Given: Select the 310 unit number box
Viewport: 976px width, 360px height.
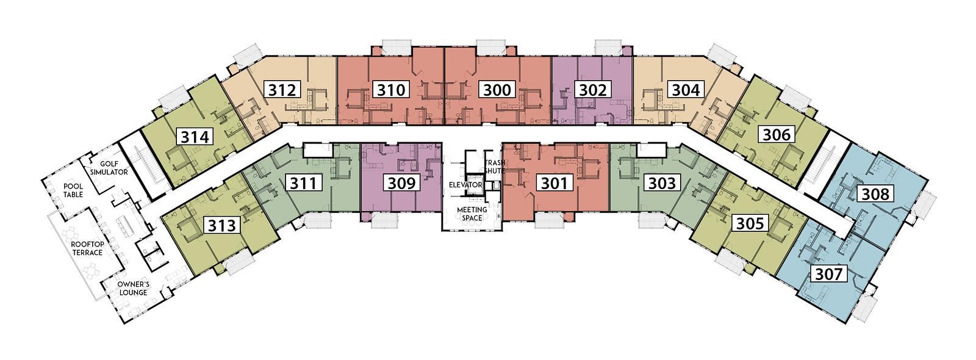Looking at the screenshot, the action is tap(392, 90).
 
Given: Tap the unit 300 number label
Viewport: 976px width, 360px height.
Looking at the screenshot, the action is tap(497, 90).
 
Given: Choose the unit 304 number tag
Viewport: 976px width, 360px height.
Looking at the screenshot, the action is tap(686, 90).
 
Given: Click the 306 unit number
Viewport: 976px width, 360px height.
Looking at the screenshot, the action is tap(777, 134).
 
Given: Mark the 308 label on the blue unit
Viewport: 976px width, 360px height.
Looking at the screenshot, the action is tap(875, 193).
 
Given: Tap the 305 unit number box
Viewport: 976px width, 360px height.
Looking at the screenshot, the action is tap(750, 223).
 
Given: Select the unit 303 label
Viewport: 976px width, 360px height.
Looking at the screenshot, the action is tap(662, 183).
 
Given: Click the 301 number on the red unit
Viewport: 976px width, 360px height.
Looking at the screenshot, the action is tap(554, 183).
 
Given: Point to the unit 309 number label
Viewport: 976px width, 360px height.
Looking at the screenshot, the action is tap(401, 183).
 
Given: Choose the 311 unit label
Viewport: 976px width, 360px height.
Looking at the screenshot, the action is tap(304, 183).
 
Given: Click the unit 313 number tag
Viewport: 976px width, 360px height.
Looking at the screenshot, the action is tap(222, 225).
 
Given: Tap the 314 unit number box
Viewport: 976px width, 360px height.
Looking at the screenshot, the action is tap(195, 137).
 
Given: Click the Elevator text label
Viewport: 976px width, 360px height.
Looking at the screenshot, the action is tap(465, 185).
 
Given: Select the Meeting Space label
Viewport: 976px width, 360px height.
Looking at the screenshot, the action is tap(472, 214).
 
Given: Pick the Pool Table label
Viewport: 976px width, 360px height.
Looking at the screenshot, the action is tap(73, 190).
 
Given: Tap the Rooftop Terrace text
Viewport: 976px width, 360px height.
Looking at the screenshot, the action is tap(87, 248).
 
